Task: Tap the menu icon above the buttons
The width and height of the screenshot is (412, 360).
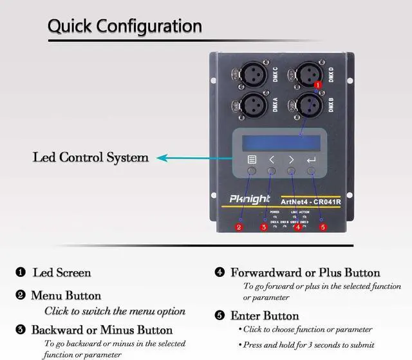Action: click(252, 158)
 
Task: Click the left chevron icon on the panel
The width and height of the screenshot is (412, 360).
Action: click(272, 158)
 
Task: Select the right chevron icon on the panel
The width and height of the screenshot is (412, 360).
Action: click(292, 158)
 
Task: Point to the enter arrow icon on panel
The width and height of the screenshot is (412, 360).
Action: click(312, 158)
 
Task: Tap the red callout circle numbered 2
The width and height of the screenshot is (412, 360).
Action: click(238, 227)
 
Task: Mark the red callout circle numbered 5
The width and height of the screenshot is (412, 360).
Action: click(323, 227)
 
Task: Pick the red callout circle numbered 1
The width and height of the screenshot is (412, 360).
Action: click(317, 84)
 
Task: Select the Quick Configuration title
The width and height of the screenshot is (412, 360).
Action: click(125, 26)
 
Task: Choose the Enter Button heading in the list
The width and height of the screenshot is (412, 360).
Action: click(264, 316)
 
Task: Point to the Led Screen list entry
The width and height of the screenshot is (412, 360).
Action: click(62, 272)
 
